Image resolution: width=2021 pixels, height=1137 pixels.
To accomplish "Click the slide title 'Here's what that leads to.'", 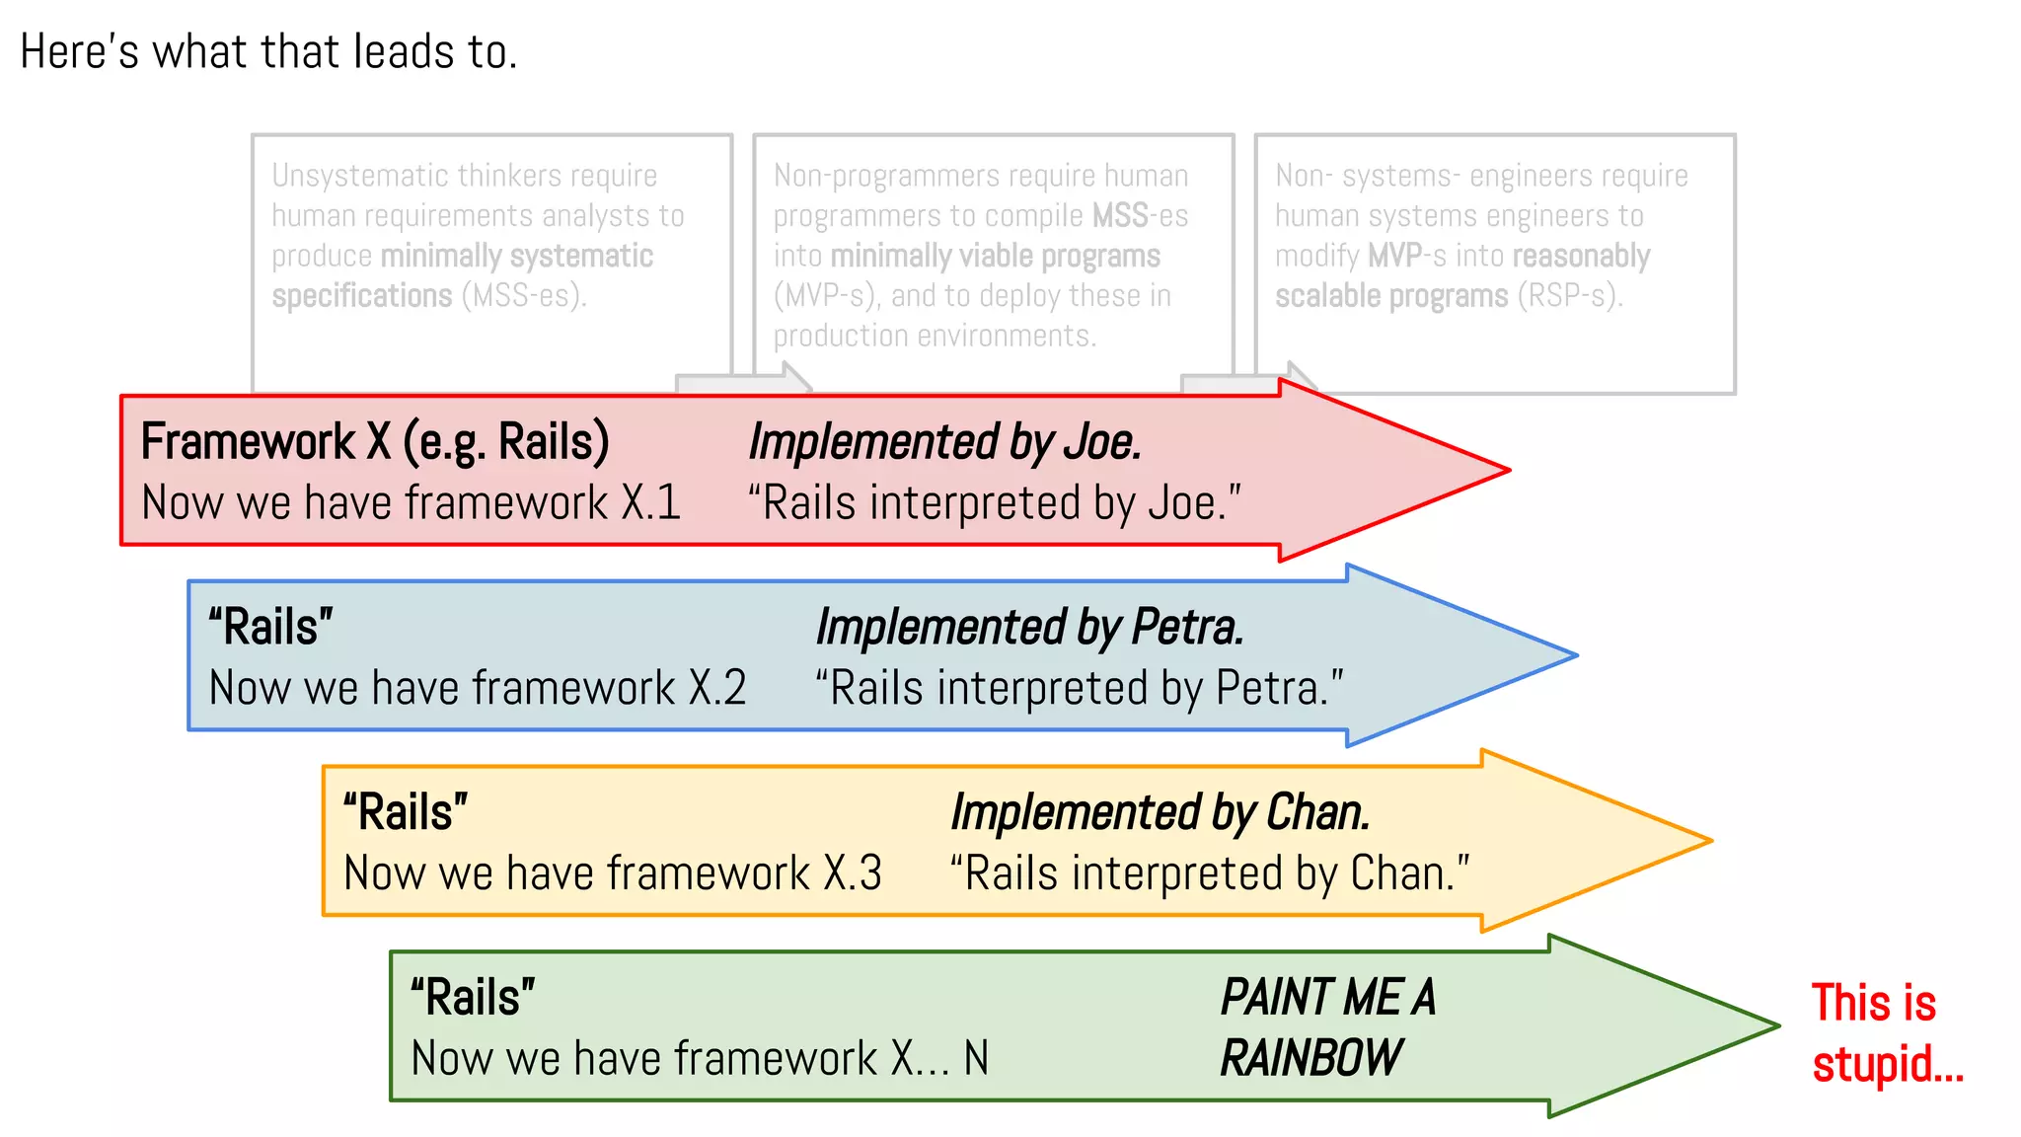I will tap(268, 51).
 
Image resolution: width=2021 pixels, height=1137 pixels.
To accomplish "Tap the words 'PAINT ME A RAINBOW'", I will tap(1326, 1027).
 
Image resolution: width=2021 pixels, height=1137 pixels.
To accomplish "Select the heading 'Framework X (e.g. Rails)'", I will tap(375, 441).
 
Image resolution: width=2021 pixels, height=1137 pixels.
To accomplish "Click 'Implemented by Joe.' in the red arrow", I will tap(944, 441).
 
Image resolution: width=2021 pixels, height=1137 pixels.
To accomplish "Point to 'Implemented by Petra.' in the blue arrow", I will tap(1029, 627).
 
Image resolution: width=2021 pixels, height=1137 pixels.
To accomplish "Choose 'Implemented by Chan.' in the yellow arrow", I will tap(1160, 812).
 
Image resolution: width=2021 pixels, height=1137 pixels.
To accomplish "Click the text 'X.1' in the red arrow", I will tap(651, 502).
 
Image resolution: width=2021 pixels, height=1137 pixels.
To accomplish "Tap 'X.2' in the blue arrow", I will tap(717, 688).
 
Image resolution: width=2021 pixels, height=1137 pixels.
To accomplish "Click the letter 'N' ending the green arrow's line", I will tap(976, 1059).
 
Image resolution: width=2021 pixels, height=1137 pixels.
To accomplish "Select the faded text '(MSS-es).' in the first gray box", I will tap(524, 295).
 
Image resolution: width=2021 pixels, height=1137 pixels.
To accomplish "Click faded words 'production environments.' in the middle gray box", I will tap(934, 336).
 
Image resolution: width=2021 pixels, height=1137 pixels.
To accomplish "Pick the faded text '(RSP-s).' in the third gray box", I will tap(1569, 295).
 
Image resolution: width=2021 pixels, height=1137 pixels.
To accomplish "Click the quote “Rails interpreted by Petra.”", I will tap(1079, 688).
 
